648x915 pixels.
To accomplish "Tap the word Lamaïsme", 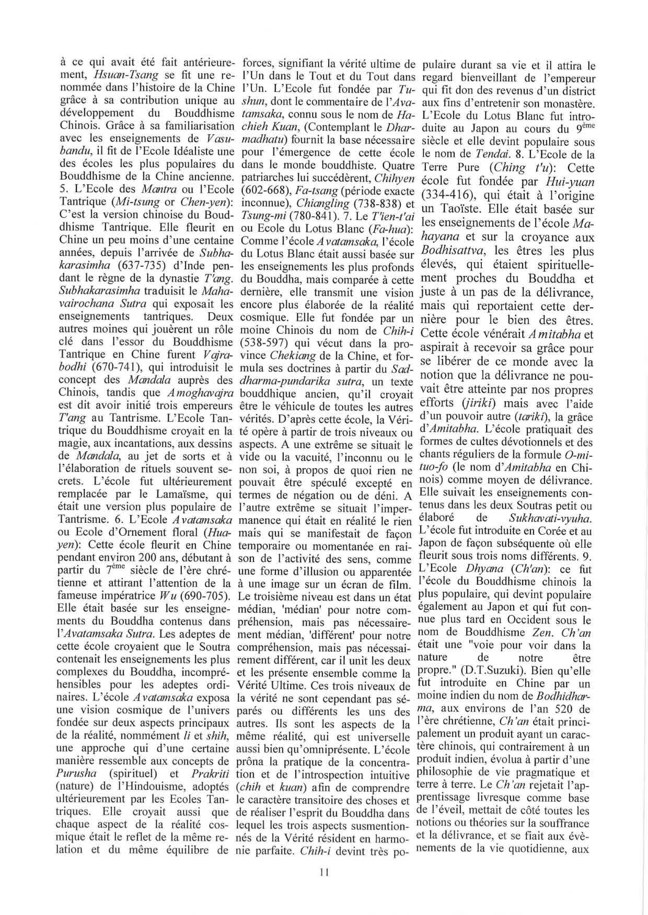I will [170, 495].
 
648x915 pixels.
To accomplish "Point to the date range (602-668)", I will [262, 189].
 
